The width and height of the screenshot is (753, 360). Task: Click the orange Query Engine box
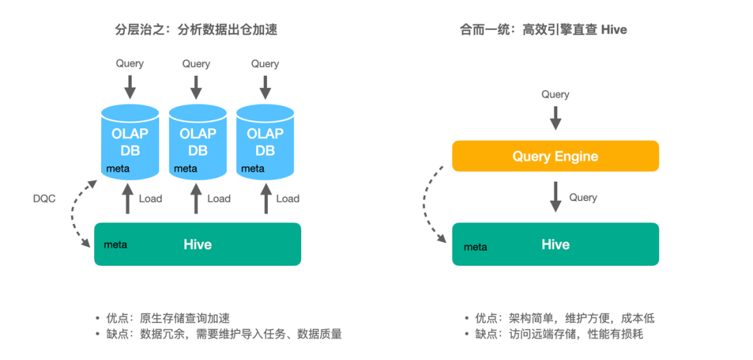click(555, 156)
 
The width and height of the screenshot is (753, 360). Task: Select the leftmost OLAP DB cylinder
click(129, 142)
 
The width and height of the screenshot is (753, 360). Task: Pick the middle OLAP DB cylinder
click(197, 142)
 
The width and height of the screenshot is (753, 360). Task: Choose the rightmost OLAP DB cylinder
click(265, 142)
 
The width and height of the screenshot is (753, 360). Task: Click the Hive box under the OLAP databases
click(197, 244)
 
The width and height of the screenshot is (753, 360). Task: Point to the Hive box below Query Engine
click(555, 244)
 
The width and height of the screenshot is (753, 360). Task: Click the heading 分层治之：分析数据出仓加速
click(191, 29)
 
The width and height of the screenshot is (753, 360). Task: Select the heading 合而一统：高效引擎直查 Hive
click(543, 29)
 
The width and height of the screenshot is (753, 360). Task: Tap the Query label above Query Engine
click(555, 94)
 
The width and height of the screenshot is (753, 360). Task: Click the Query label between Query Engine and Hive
click(583, 197)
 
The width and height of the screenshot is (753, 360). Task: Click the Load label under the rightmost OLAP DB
click(287, 198)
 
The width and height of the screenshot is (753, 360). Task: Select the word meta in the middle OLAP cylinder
click(185, 168)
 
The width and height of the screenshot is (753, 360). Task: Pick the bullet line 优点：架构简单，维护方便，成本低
click(564, 318)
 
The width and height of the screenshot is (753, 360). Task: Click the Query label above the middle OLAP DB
click(196, 63)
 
